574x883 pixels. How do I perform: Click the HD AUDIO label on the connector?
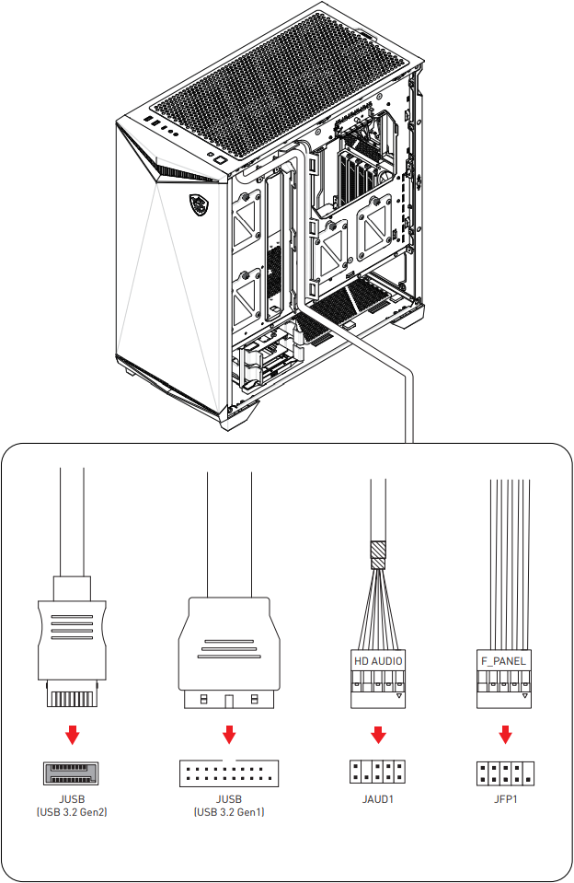(x=378, y=661)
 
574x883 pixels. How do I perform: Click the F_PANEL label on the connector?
(x=504, y=661)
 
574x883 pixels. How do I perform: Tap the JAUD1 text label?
(x=378, y=799)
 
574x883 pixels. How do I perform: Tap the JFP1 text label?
(x=505, y=799)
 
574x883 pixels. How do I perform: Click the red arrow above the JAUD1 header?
(x=378, y=736)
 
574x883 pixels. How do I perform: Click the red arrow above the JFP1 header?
(x=505, y=736)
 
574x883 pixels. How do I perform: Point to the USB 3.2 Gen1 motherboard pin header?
(x=229, y=773)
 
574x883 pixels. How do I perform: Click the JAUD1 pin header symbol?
(x=378, y=773)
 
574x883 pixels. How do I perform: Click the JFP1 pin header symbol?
(x=505, y=773)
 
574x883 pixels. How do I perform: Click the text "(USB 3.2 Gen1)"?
(x=229, y=813)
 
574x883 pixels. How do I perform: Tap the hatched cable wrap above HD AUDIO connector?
(x=378, y=555)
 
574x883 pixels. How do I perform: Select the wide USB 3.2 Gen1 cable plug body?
(x=229, y=645)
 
